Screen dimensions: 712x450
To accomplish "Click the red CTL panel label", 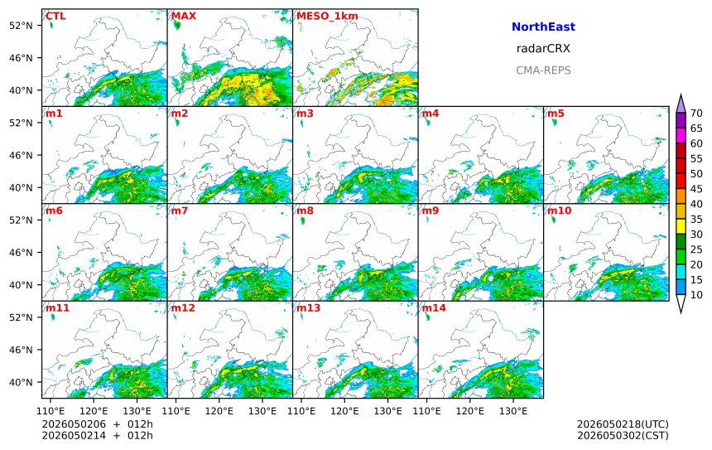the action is tap(55, 16).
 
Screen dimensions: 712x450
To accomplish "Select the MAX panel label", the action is tap(184, 16).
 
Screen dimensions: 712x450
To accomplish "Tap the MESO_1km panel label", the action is tap(327, 17).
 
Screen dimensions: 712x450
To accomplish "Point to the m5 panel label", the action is tap(556, 114).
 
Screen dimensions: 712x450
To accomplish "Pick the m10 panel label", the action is tap(559, 210).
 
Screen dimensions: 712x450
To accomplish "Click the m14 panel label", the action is tap(434, 307).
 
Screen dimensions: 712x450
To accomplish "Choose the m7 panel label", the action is tap(180, 210).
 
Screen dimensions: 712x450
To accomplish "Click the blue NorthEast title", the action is tap(543, 27).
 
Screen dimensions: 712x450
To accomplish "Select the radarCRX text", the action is tap(543, 49).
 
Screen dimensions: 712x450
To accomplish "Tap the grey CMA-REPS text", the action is tap(543, 70).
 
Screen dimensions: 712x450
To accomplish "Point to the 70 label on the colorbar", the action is tap(696, 114).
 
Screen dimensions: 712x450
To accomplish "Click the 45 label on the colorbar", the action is tap(696, 189).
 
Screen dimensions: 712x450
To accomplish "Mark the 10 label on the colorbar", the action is tap(696, 295).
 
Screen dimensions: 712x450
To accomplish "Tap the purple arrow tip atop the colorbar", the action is tap(681, 94).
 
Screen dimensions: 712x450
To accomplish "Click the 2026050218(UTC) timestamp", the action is tap(623, 424).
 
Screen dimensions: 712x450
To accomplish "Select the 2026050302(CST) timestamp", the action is tap(623, 435).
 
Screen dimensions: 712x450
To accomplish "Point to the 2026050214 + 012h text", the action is tap(97, 435).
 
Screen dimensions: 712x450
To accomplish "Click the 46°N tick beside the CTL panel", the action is tap(22, 58).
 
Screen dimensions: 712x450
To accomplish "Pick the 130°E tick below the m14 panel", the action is tap(513, 411).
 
